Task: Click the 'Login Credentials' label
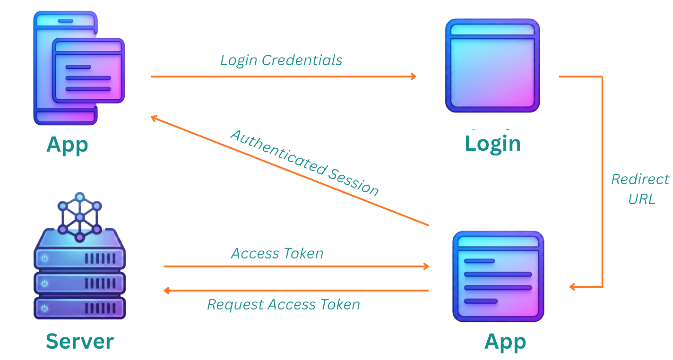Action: (x=281, y=60)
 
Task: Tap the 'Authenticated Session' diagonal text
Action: (x=305, y=163)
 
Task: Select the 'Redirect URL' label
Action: (x=640, y=189)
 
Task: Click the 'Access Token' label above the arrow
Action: (x=277, y=254)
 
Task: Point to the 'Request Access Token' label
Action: (x=283, y=305)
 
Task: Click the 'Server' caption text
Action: (x=79, y=341)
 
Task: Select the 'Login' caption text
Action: (x=492, y=143)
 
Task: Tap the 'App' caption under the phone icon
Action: (x=67, y=145)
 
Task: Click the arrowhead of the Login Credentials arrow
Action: (x=413, y=76)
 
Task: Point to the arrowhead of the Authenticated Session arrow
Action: (x=154, y=118)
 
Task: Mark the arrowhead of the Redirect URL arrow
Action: (x=572, y=287)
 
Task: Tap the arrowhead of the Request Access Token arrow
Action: (x=167, y=291)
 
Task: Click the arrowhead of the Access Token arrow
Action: (x=426, y=266)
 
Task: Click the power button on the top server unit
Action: (x=45, y=258)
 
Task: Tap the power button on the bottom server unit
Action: (x=45, y=308)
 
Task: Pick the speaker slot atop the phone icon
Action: (x=65, y=21)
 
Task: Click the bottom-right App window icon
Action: (x=498, y=276)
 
